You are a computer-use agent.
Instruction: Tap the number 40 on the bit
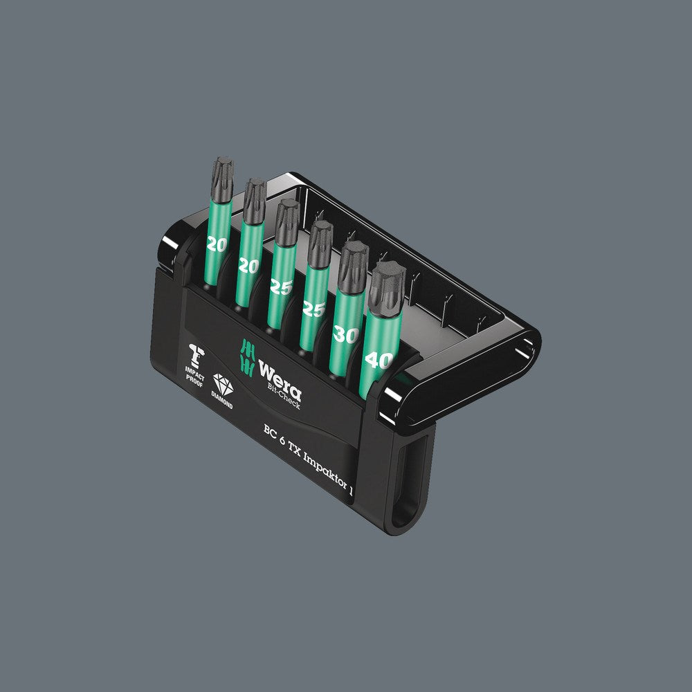pyautogui.click(x=379, y=361)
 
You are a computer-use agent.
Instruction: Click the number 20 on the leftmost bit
pyautogui.click(x=217, y=243)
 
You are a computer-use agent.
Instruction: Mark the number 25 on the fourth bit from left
pyautogui.click(x=314, y=309)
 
